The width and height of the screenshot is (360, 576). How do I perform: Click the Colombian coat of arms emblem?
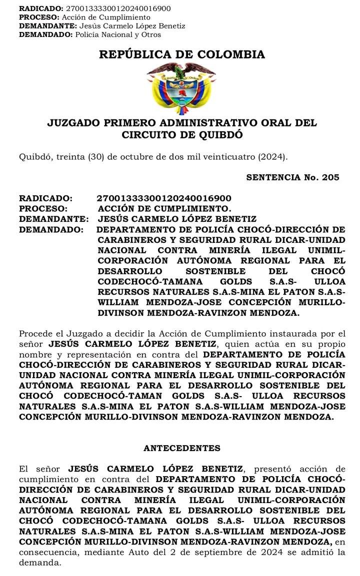tap(181, 88)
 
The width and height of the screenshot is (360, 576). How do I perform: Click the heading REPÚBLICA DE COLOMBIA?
tap(182, 54)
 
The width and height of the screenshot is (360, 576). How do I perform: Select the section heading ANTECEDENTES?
tap(181, 448)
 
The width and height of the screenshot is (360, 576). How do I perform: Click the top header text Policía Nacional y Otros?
tap(118, 34)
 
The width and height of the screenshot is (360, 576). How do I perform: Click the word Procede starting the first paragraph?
tap(37, 333)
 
